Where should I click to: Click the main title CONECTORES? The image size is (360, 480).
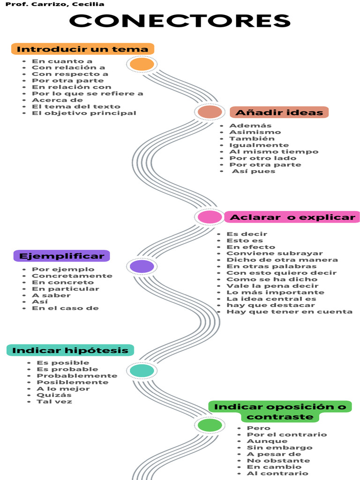(x=180, y=21)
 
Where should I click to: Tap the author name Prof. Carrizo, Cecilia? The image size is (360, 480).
(x=55, y=4)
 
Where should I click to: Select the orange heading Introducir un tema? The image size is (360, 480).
(x=82, y=49)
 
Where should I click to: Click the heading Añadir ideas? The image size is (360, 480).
(x=279, y=112)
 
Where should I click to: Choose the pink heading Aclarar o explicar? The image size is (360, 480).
(x=292, y=217)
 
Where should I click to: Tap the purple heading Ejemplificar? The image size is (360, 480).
(x=62, y=256)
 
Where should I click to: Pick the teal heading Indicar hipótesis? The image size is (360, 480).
(x=70, y=351)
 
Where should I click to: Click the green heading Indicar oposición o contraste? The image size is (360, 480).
(x=280, y=412)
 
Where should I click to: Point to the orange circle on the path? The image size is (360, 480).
(x=142, y=64)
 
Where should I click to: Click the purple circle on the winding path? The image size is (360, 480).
(x=142, y=267)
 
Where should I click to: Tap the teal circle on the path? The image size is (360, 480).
(x=142, y=371)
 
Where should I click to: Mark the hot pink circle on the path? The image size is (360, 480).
(x=210, y=217)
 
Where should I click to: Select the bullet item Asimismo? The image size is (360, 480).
(x=255, y=132)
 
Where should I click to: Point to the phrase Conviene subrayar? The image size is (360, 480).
(x=275, y=254)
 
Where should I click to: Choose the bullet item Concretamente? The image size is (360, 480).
(x=72, y=276)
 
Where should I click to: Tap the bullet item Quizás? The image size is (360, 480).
(x=54, y=395)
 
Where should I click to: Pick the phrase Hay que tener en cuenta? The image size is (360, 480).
(x=289, y=312)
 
